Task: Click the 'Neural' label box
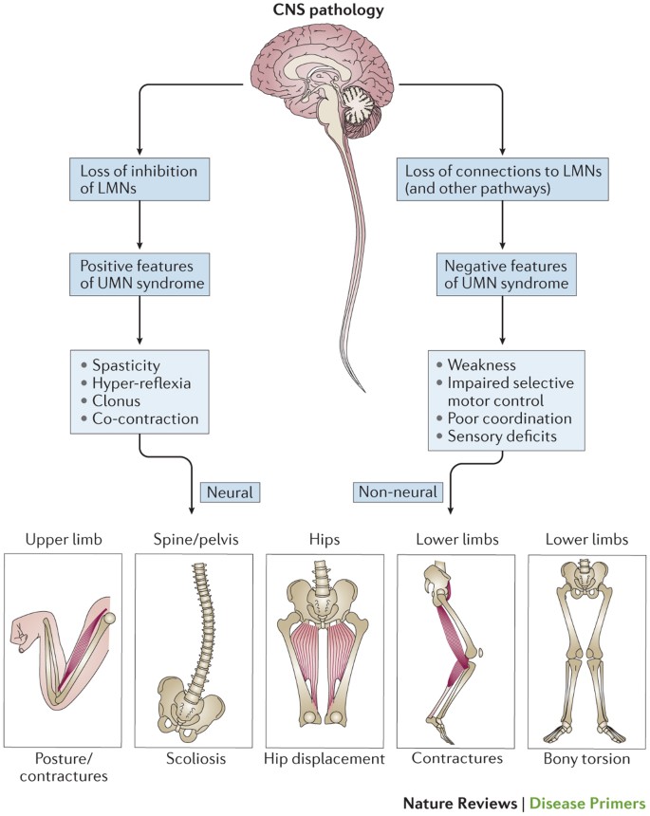point(230,491)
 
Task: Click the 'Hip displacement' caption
point(325,758)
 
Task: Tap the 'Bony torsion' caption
point(585,758)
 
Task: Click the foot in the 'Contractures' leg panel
point(444,726)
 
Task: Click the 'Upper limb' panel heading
point(63,540)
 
